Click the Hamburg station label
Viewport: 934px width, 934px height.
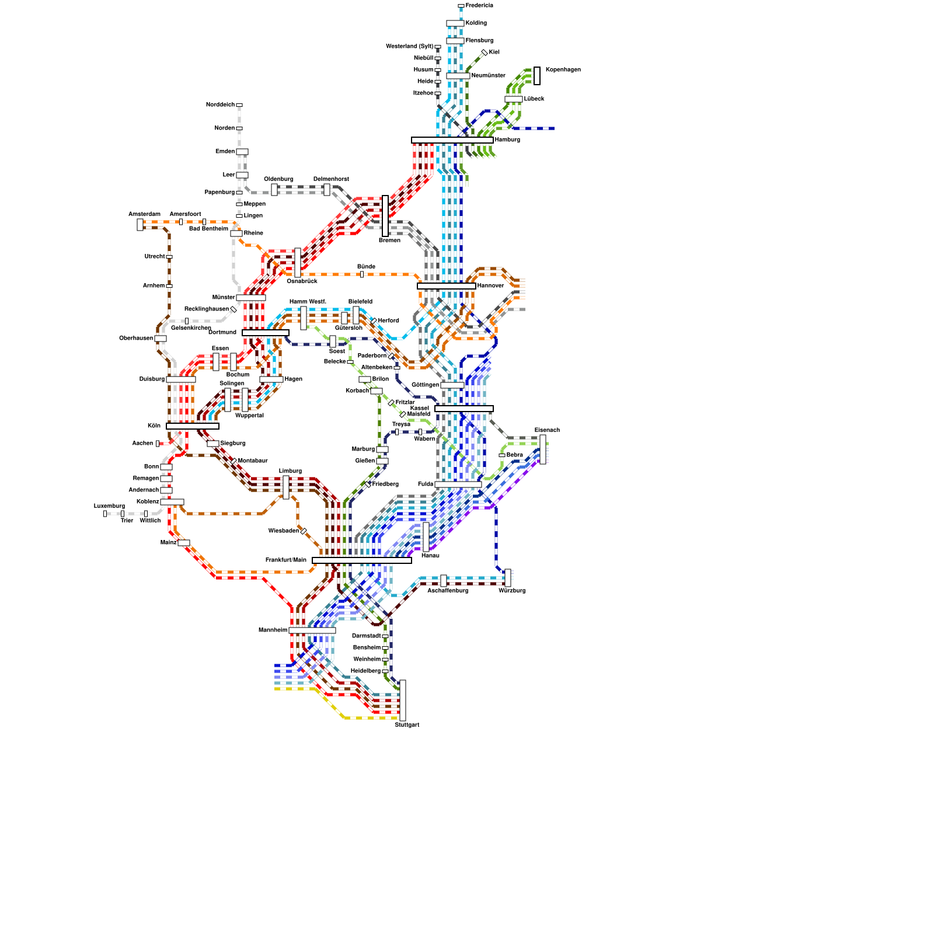pyautogui.click(x=507, y=140)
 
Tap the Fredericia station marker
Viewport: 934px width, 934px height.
pyautogui.click(x=461, y=6)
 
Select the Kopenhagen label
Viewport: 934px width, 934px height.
pyautogui.click(x=563, y=70)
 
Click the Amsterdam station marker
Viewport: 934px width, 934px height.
pyautogui.click(x=140, y=225)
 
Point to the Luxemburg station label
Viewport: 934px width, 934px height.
pyautogui.click(x=109, y=506)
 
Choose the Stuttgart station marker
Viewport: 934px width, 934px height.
pyautogui.click(x=403, y=700)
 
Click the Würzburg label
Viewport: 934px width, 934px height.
pyautogui.click(x=512, y=591)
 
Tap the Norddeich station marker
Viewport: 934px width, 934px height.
pyautogui.click(x=239, y=105)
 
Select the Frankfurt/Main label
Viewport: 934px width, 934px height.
pyautogui.click(x=285, y=560)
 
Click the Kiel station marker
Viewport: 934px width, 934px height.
pyautogui.click(x=485, y=53)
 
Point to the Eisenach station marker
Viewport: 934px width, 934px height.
pyautogui.click(x=543, y=449)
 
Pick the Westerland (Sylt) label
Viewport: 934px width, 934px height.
pyautogui.click(x=409, y=47)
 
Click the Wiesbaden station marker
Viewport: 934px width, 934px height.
pyautogui.click(x=304, y=531)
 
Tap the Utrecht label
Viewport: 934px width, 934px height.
pyautogui.click(x=155, y=257)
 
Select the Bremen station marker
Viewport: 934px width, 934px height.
pyautogui.click(x=385, y=216)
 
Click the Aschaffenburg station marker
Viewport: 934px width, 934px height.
pyautogui.click(x=444, y=581)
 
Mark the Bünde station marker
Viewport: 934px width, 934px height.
pyautogui.click(x=362, y=274)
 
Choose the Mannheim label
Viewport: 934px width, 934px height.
pyautogui.click(x=273, y=630)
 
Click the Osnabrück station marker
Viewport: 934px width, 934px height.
pyautogui.click(x=298, y=263)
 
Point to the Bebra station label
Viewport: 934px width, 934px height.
pyautogui.click(x=514, y=455)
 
